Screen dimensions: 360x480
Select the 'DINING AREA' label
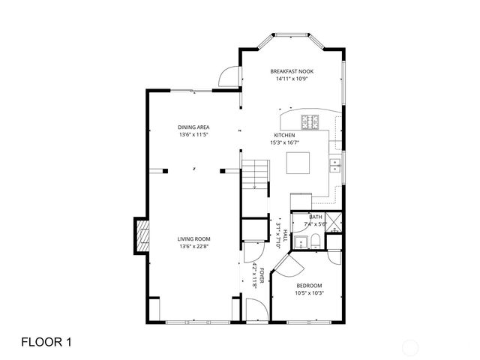193,127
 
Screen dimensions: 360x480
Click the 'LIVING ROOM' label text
193,238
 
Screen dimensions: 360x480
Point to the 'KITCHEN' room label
283,135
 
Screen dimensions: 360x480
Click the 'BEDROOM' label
309,285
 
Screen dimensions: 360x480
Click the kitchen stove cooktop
311,121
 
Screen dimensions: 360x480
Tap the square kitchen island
298,163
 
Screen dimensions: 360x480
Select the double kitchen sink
334,166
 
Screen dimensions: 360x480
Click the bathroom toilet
316,240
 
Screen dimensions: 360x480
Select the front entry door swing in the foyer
255,308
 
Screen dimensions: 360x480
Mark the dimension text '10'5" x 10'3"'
309,292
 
